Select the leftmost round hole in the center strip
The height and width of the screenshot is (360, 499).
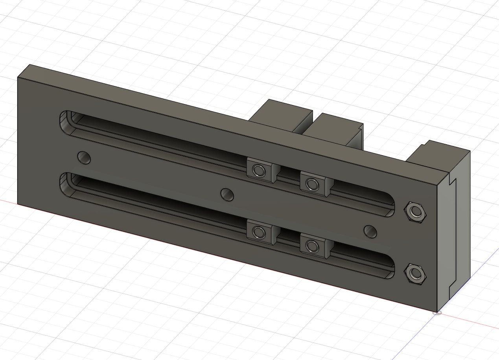click(84, 158)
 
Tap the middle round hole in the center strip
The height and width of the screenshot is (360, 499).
click(227, 194)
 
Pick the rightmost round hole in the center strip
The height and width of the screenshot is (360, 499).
click(370, 231)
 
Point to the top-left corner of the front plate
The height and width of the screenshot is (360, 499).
click(18, 78)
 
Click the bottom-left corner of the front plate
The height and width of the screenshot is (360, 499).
click(18, 204)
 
